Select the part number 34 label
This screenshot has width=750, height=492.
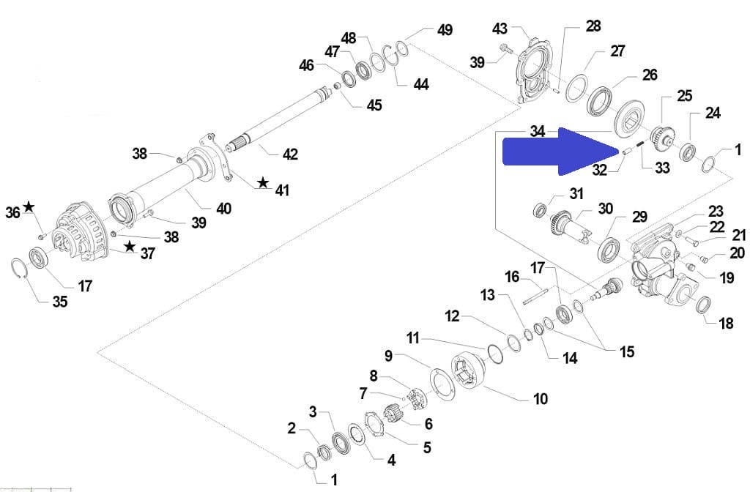(x=538, y=131)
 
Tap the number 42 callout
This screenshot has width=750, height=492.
(x=290, y=154)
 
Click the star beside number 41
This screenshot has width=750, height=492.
(x=263, y=182)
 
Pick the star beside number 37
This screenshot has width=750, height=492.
(x=129, y=246)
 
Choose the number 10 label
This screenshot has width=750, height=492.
(x=540, y=399)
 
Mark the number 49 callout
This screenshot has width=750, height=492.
(x=445, y=29)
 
